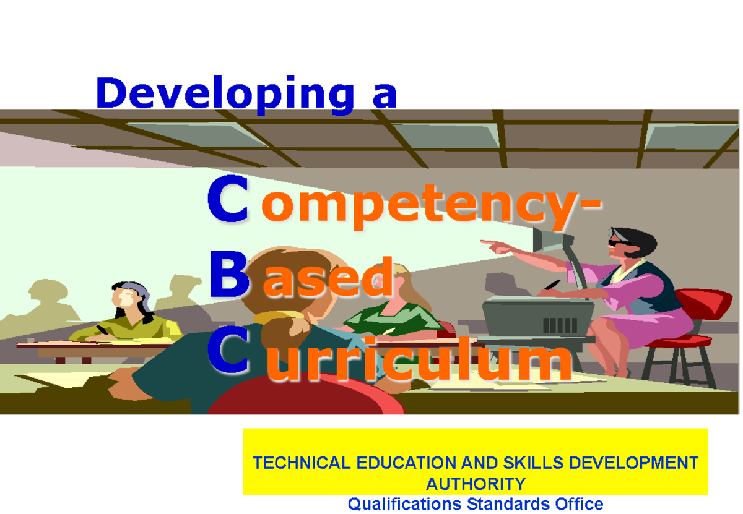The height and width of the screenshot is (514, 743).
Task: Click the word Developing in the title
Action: coord(225,95)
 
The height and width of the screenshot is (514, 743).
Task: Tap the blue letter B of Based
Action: coord(229,275)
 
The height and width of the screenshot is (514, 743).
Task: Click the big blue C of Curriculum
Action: coord(228,350)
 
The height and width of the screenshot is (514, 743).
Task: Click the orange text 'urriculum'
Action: coord(420,359)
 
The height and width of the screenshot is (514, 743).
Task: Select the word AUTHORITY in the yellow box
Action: coord(476,484)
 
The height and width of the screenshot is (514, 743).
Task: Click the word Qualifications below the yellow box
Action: coord(404,504)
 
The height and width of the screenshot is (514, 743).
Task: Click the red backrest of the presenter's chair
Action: coord(703,303)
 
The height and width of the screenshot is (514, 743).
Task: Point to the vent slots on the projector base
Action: coord(560,325)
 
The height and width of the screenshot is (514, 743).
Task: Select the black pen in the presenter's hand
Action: coord(552,285)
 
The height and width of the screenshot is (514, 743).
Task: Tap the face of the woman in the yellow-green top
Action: coord(124,298)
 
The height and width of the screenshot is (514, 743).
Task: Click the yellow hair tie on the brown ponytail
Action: coord(278,317)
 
